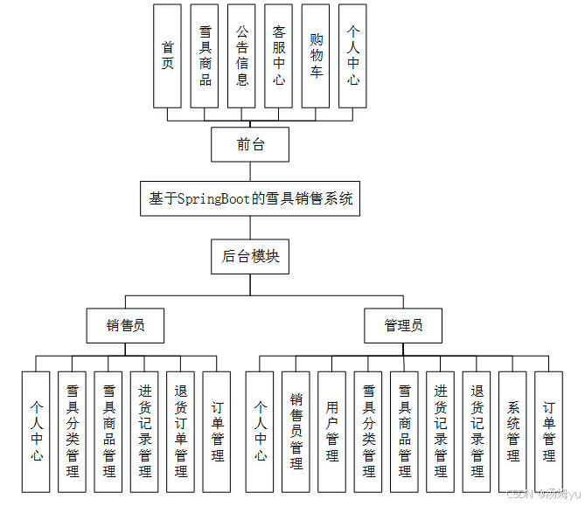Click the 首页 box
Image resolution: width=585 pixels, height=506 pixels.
167,55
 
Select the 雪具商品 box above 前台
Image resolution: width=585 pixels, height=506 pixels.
205,55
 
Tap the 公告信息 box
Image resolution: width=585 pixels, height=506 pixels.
241,55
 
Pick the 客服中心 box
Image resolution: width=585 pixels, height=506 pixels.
278,55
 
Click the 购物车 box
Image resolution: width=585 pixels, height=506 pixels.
316,55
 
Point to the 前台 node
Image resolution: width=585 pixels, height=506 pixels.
250,144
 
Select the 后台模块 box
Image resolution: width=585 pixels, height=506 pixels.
250,256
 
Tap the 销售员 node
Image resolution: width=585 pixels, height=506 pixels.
125,325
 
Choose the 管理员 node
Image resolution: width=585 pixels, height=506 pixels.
403,325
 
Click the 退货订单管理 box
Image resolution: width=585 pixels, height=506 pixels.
180,432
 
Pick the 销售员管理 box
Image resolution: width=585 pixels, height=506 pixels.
296,432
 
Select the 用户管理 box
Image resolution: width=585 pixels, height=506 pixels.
331,432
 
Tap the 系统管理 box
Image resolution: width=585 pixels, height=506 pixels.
512,432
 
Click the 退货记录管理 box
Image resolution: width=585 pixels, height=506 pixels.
477,432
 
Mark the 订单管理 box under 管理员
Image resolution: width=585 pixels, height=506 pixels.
548,432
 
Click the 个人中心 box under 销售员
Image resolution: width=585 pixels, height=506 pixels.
36,432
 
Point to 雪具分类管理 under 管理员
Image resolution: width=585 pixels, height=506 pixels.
368,432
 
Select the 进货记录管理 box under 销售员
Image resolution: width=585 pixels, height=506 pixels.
144,432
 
